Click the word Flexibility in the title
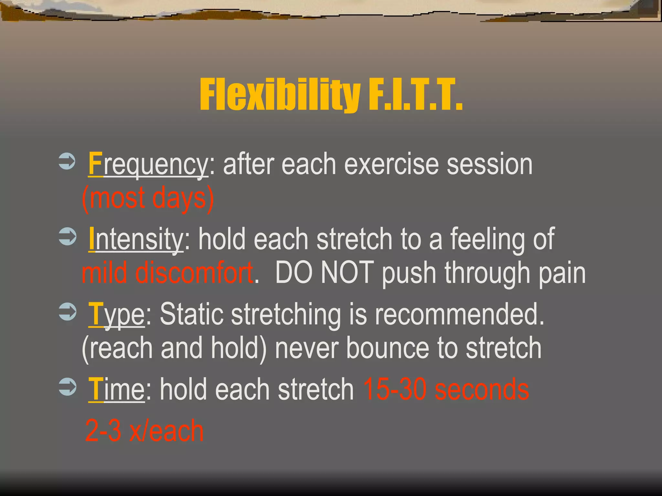(x=280, y=96)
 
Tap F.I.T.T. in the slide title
(x=415, y=96)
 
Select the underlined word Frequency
(x=148, y=165)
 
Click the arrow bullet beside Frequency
(x=67, y=160)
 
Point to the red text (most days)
(x=148, y=198)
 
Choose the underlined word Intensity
(x=136, y=239)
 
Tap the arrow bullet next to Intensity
(x=67, y=236)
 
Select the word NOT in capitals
(x=347, y=273)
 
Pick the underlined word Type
(x=117, y=315)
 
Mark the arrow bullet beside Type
(x=67, y=312)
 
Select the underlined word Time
(x=117, y=390)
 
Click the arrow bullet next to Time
(x=67, y=387)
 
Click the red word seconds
(x=482, y=390)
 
